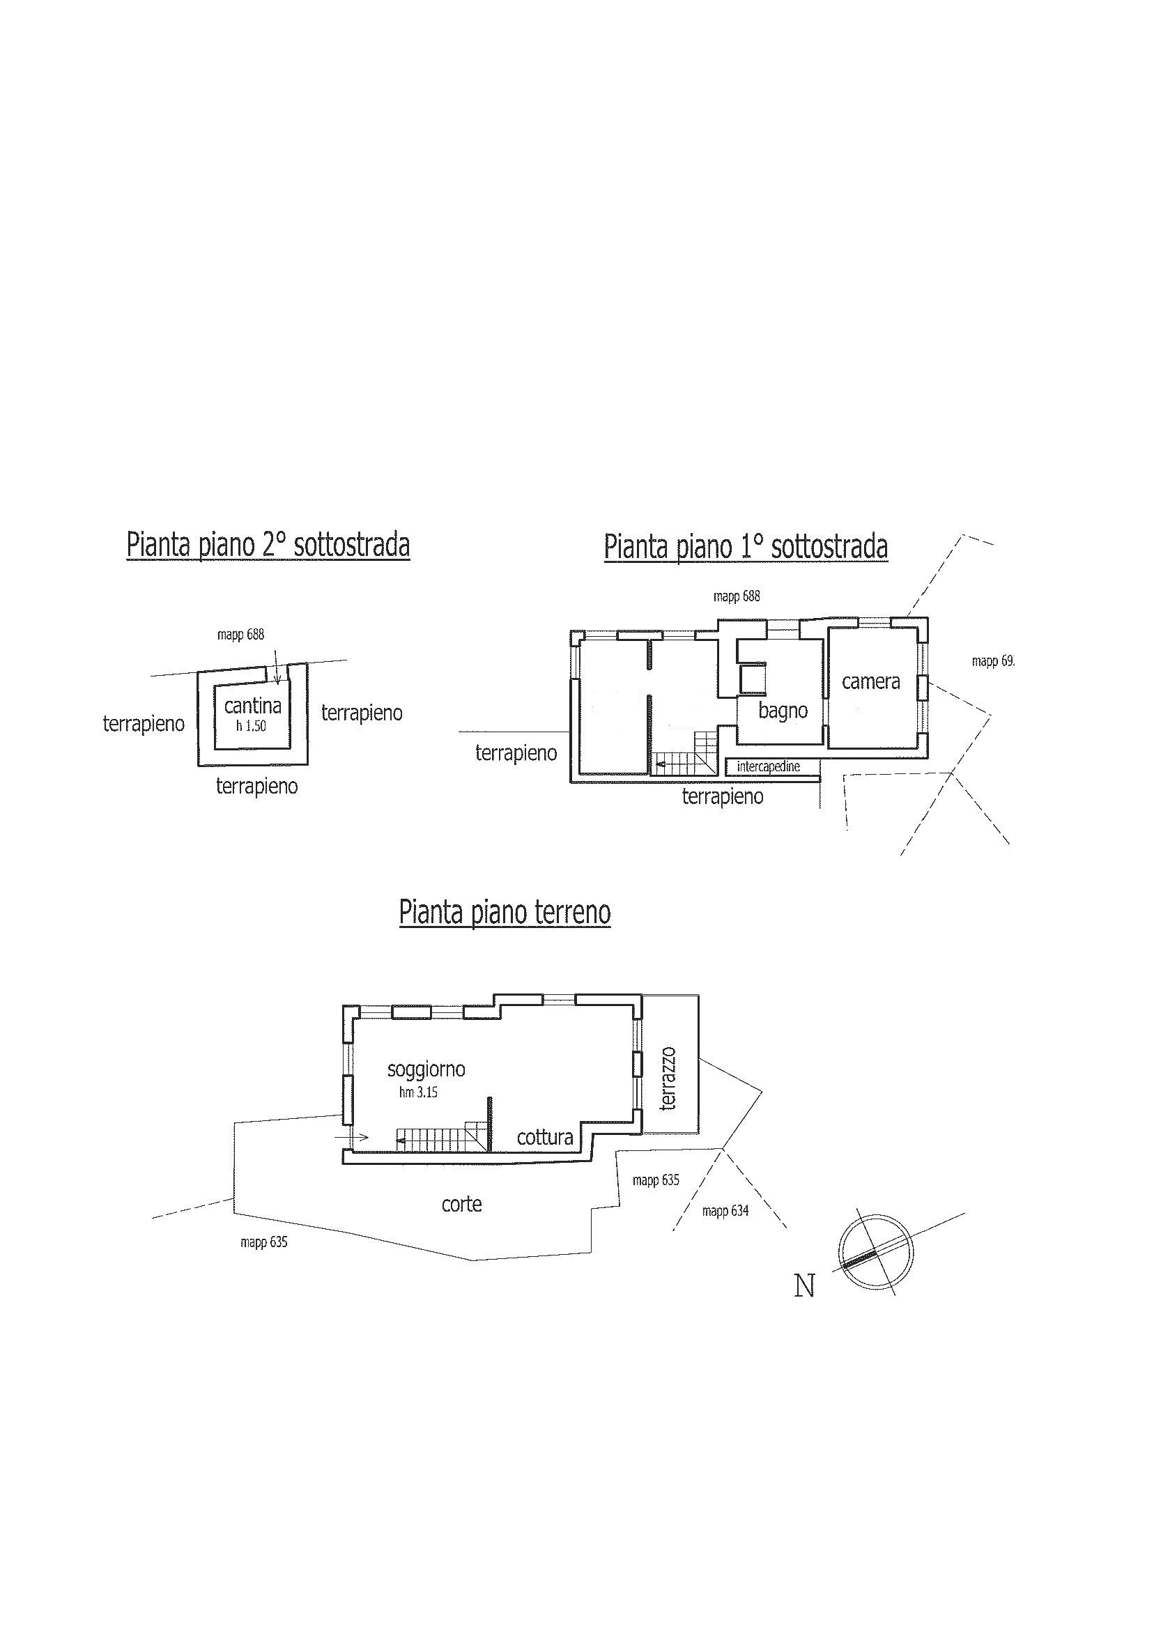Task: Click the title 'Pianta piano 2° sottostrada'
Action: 268,546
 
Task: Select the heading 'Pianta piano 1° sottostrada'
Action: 746,548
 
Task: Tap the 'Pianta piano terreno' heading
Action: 505,912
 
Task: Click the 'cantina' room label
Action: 252,706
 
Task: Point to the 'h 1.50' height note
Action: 252,727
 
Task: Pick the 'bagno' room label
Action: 783,711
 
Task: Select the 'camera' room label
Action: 870,682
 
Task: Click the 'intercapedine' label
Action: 769,766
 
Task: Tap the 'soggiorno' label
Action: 426,1070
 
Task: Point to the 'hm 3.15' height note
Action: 418,1093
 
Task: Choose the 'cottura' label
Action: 545,1138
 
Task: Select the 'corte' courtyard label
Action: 462,1204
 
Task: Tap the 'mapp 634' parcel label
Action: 725,1211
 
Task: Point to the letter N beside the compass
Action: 804,1286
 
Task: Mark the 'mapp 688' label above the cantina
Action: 241,635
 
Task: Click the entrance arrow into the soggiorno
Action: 351,1137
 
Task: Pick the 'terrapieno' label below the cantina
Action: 256,787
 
